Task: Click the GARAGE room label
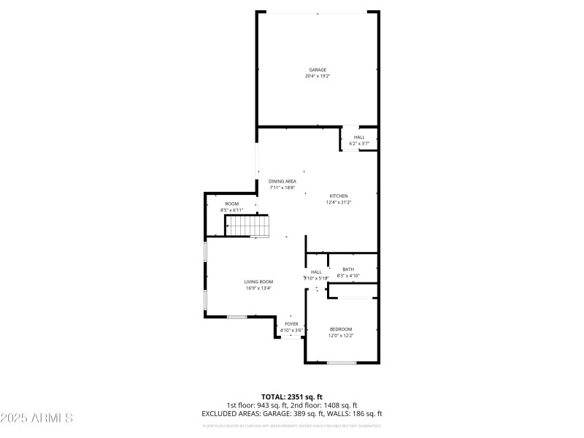pyautogui.click(x=317, y=70)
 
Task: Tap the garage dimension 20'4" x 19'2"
pyautogui.click(x=317, y=77)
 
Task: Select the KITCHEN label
pyautogui.click(x=339, y=196)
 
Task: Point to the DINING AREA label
pyautogui.click(x=282, y=181)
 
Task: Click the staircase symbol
pyautogui.click(x=247, y=226)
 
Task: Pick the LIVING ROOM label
pyautogui.click(x=258, y=282)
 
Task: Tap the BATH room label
pyautogui.click(x=348, y=269)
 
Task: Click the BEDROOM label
pyautogui.click(x=341, y=329)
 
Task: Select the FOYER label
pyautogui.click(x=291, y=323)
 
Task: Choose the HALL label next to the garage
pyautogui.click(x=359, y=137)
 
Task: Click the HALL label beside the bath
pyautogui.click(x=316, y=272)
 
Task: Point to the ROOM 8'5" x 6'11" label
pyautogui.click(x=231, y=204)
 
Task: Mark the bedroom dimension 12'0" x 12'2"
pyautogui.click(x=341, y=336)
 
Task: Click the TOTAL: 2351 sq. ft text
pyautogui.click(x=291, y=396)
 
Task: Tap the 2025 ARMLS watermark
pyautogui.click(x=36, y=418)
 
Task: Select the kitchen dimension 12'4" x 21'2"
pyautogui.click(x=339, y=202)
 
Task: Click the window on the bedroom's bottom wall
pyautogui.click(x=341, y=363)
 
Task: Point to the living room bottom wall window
pyautogui.click(x=236, y=316)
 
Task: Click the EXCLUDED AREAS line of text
pyautogui.click(x=291, y=413)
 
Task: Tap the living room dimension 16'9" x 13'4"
pyautogui.click(x=258, y=288)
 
